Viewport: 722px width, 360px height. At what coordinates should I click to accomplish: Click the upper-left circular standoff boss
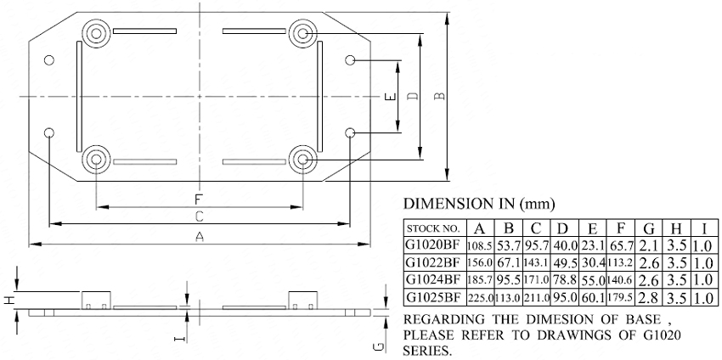pyautogui.click(x=96, y=33)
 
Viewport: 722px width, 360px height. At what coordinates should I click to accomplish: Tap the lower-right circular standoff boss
pyautogui.click(x=303, y=160)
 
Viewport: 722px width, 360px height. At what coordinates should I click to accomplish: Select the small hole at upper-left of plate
pyautogui.click(x=48, y=59)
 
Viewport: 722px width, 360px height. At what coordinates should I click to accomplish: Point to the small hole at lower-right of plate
pyautogui.click(x=350, y=133)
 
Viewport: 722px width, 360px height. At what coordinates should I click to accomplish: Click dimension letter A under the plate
pyautogui.click(x=200, y=237)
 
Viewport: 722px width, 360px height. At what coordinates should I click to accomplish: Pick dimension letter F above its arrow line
pyautogui.click(x=199, y=200)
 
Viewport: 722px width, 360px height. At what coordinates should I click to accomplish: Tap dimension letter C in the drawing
pyautogui.click(x=199, y=217)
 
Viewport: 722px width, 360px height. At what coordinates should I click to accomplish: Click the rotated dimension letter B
pyautogui.click(x=440, y=96)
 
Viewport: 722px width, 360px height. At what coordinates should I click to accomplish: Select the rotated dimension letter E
pyautogui.click(x=390, y=97)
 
